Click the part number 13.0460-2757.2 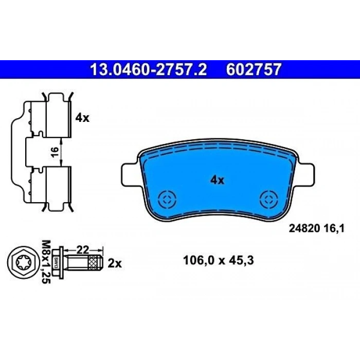pos(148,69)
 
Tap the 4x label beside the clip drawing pos(82,118)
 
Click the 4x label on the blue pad pos(217,180)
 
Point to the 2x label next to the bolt pos(114,264)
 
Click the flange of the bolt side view pos(61,262)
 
